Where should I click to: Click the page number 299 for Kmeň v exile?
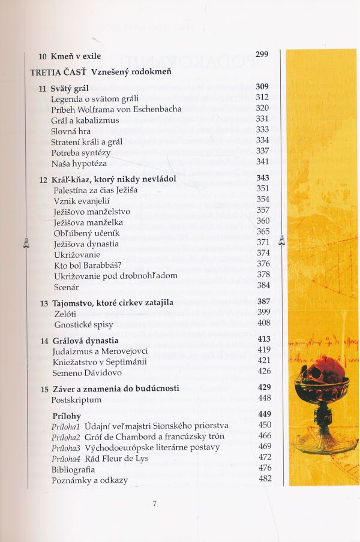[x=262, y=55]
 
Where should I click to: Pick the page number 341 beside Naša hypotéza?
[x=262, y=162]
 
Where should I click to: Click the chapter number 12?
[x=43, y=179]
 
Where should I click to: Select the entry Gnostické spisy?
[x=83, y=324]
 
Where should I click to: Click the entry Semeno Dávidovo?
[x=86, y=371]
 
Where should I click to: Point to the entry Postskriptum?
[x=76, y=399]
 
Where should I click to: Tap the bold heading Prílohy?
[x=66, y=415]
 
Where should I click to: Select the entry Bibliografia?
[x=73, y=468]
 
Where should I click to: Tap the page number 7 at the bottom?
[x=154, y=504]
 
